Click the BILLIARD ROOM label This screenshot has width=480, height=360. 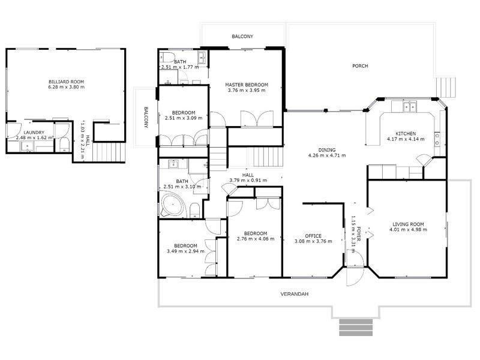66,81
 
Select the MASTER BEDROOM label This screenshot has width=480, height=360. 247,85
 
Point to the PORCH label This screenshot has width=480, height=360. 360,66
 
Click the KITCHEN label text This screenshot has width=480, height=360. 406,133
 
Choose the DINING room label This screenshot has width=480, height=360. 327,150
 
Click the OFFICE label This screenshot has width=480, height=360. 313,236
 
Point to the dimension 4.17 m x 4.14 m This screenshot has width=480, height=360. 406,139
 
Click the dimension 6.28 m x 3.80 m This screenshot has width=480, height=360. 66,87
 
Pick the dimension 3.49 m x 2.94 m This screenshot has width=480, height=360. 185,251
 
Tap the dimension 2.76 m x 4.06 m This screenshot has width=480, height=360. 256,239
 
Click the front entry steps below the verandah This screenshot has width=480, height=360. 356,328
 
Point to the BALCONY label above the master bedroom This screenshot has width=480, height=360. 242,37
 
